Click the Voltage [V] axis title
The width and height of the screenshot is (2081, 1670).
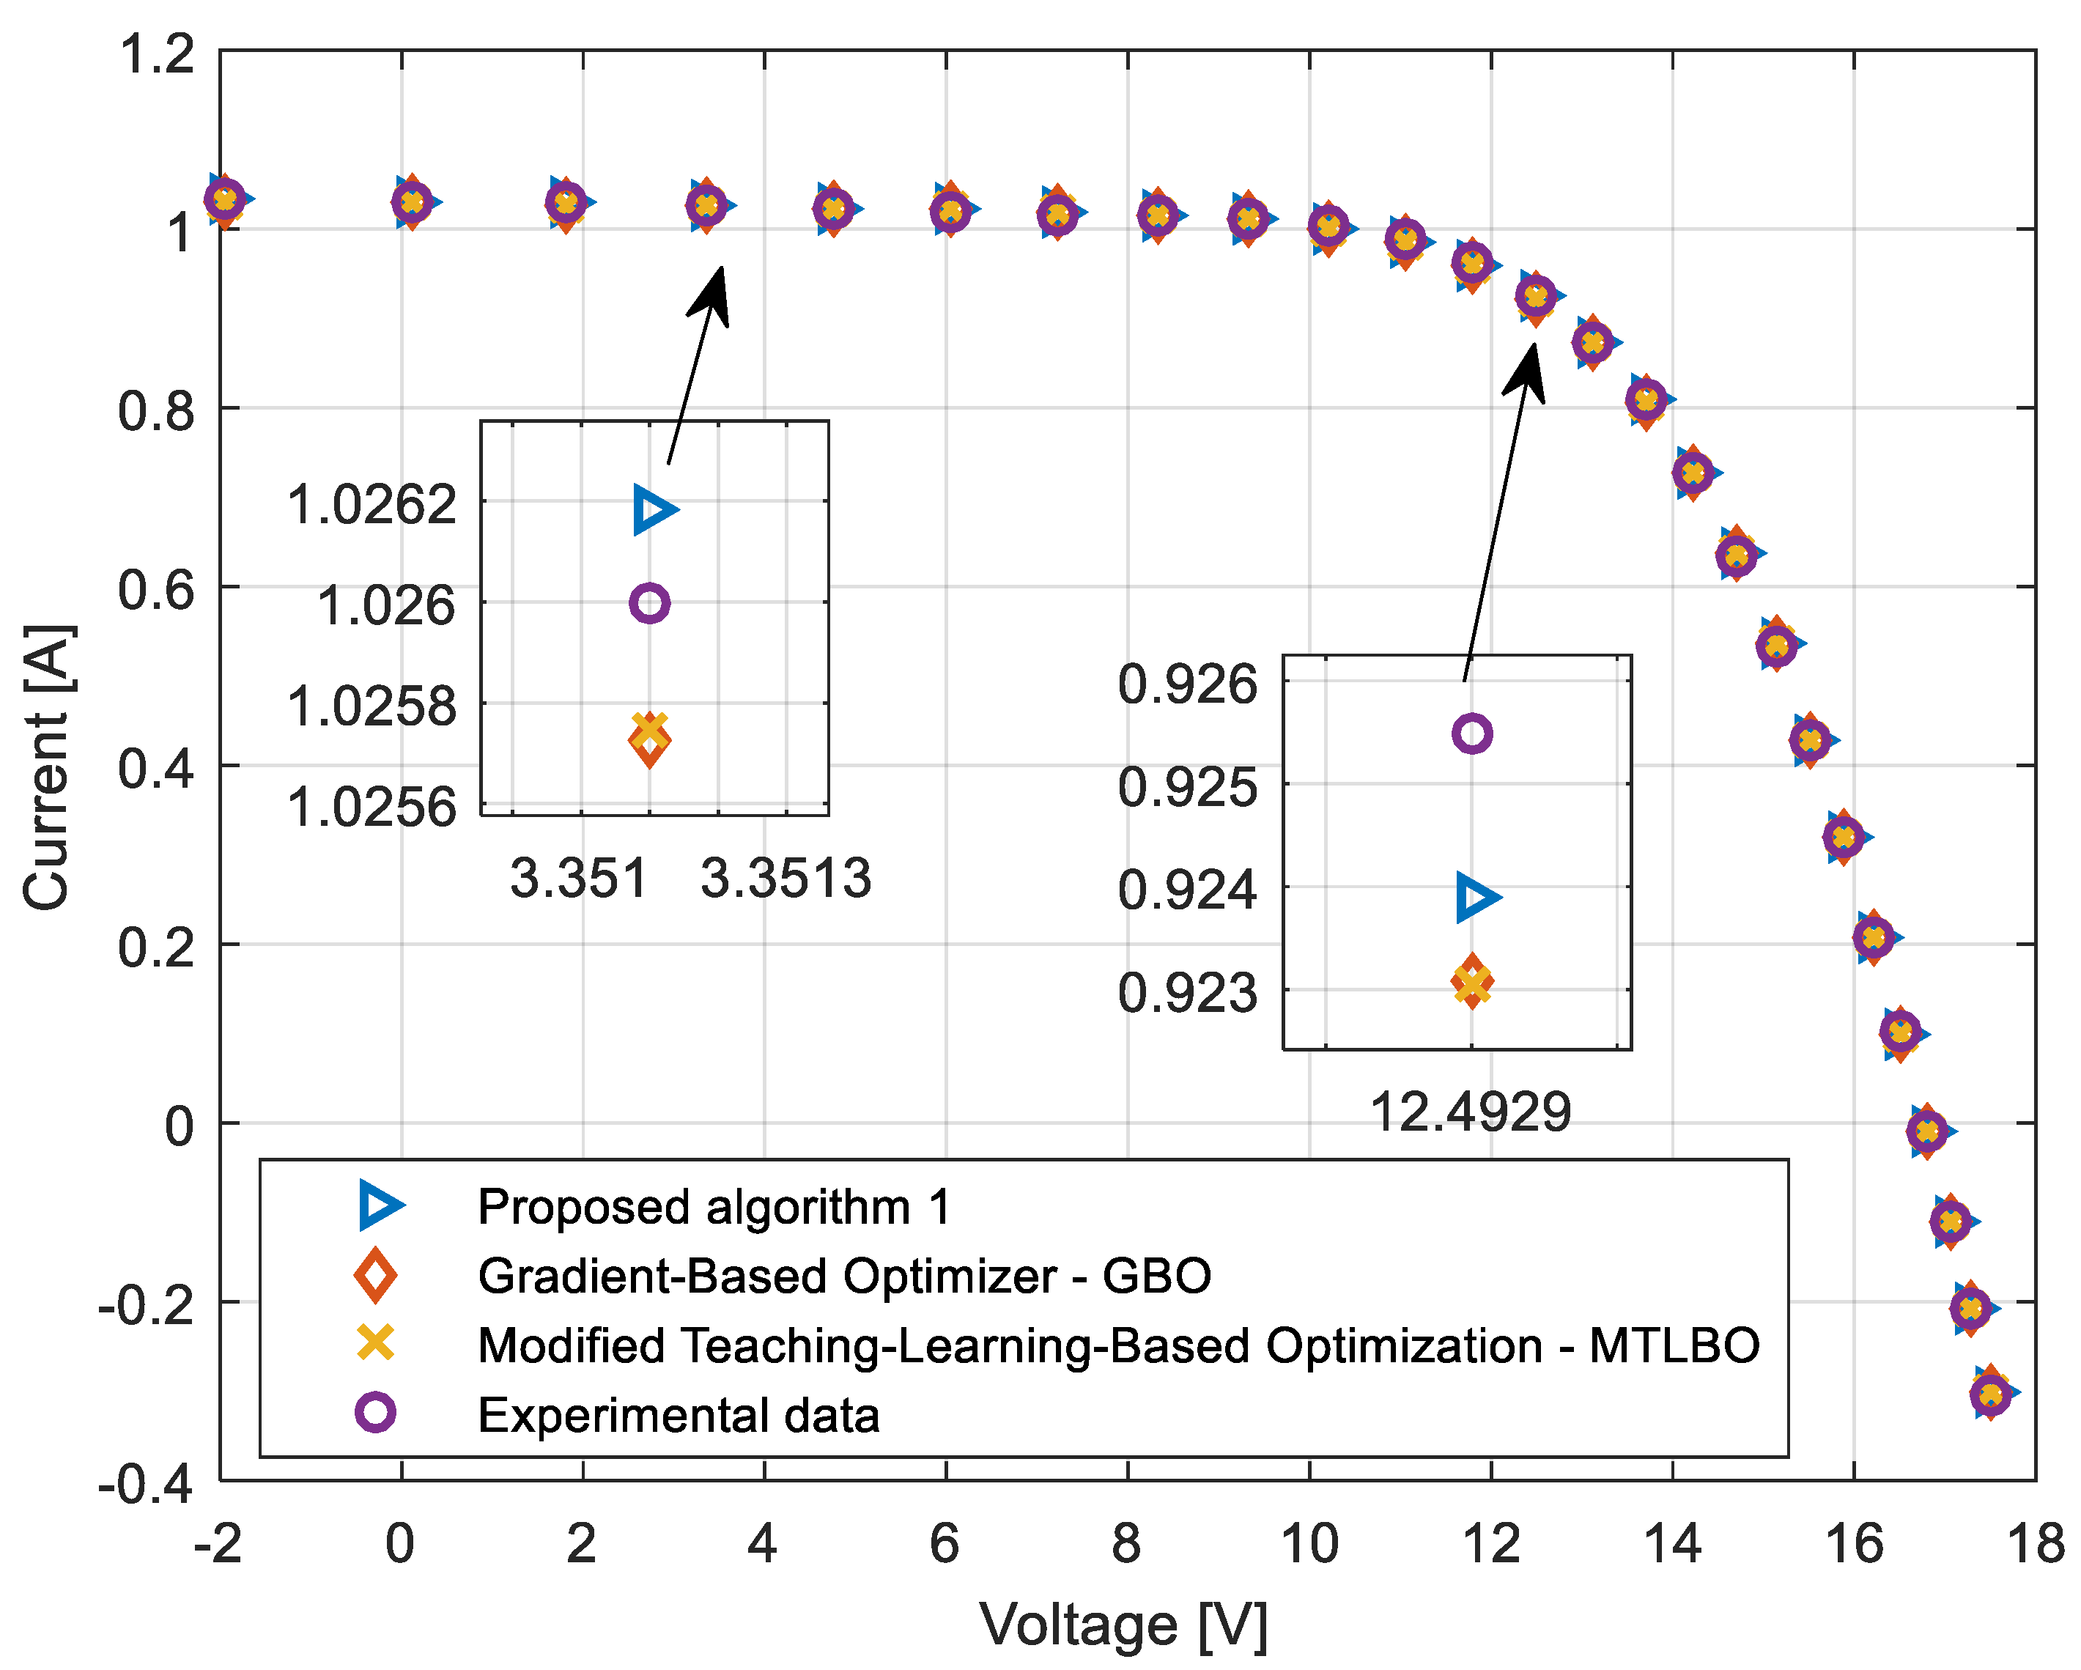point(1123,1625)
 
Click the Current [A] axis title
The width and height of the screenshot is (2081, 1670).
point(46,766)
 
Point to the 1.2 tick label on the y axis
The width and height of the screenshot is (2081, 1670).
point(156,53)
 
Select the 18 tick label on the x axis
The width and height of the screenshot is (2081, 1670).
point(2035,1545)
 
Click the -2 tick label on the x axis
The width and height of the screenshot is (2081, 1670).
point(218,1545)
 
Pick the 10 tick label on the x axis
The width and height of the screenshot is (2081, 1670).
point(1309,1545)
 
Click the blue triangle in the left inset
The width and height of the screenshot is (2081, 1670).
point(654,510)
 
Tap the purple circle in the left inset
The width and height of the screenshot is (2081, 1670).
point(650,603)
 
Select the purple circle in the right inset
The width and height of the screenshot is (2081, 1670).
point(1472,734)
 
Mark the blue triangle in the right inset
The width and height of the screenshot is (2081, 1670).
point(1476,897)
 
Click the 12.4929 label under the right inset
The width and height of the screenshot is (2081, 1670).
point(1470,1112)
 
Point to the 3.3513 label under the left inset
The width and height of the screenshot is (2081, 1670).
point(786,879)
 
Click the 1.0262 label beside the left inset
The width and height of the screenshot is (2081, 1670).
point(372,505)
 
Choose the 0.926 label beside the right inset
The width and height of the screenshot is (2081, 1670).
point(1187,684)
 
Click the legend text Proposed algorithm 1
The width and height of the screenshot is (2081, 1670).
point(714,1207)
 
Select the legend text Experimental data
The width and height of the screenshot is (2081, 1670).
point(679,1415)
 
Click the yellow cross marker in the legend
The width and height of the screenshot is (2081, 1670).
point(375,1344)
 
